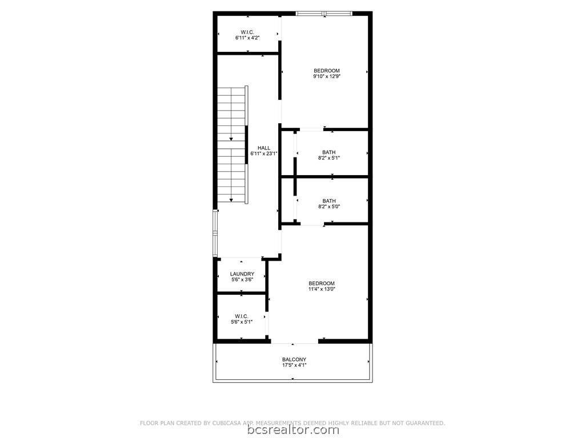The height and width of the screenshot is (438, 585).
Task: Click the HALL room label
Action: (264, 148)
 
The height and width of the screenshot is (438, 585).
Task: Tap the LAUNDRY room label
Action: (242, 274)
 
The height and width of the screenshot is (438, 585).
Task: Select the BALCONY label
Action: (294, 359)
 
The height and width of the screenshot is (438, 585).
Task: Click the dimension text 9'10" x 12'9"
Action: (327, 76)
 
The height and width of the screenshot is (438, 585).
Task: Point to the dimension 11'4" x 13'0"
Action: (322, 289)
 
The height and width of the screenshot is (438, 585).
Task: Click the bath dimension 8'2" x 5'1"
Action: (328, 158)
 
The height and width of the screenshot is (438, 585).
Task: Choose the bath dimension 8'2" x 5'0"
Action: (328, 206)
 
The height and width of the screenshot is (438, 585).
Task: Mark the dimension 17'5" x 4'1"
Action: (294, 366)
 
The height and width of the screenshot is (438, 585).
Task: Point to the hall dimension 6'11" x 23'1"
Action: (264, 153)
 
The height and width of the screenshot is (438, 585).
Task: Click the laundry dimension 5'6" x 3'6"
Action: (242, 279)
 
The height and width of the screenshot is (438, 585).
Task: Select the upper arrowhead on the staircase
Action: (231, 139)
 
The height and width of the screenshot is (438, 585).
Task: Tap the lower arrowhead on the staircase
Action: (231, 200)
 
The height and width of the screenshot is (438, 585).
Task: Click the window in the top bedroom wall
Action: (324, 14)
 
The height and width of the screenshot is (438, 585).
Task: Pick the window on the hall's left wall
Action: (215, 233)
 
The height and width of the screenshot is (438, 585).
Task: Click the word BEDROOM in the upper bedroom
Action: (327, 71)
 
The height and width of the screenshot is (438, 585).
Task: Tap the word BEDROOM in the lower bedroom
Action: (322, 283)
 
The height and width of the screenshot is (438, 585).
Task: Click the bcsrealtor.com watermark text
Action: (293, 430)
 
